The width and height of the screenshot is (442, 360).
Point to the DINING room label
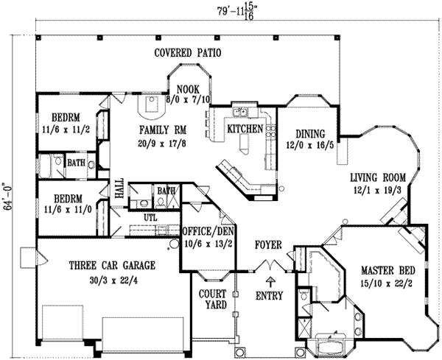309,134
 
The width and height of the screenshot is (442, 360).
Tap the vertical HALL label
119,191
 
